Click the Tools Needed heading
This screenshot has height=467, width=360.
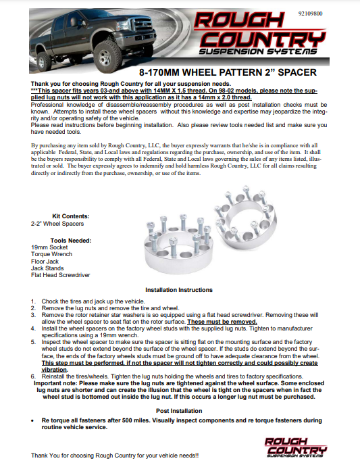71,241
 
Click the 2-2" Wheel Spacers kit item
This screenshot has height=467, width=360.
56,222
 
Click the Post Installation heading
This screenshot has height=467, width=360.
180,410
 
